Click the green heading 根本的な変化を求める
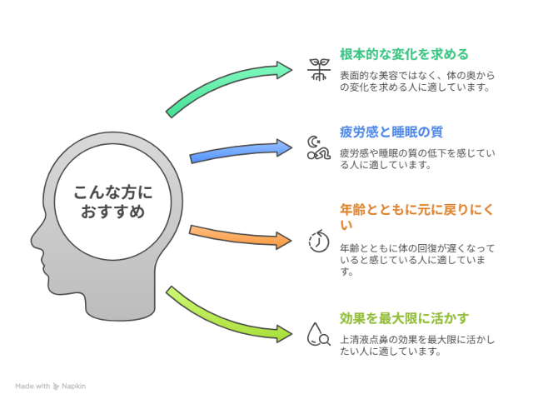(x=404, y=54)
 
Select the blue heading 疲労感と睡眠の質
(x=390, y=132)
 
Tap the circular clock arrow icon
(x=318, y=240)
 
